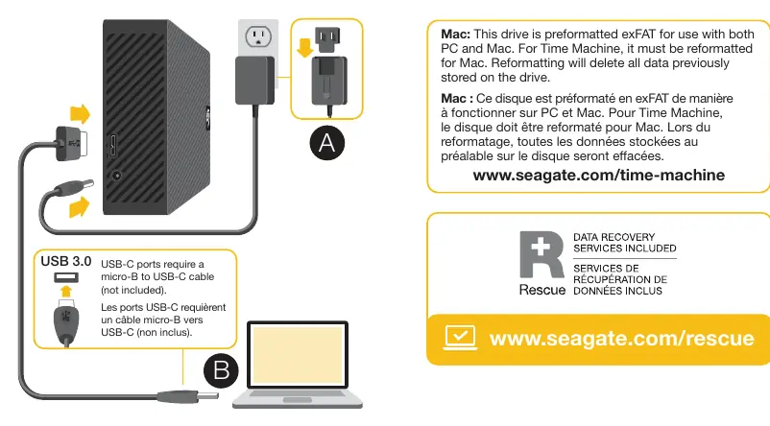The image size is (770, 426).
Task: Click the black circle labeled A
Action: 327,143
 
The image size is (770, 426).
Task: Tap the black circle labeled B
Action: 221,370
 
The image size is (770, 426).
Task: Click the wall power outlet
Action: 258,36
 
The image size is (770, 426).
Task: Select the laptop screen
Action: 298,355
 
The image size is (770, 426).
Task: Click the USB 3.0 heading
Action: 66,261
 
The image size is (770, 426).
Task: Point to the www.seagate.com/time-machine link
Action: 598,176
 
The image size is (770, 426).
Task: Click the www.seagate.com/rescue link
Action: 622,338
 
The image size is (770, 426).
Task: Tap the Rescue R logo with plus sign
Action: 541,254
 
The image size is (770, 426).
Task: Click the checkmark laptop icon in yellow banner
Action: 460,338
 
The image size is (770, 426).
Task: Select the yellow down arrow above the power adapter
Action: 305,47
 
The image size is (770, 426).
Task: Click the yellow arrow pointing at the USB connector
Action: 80,114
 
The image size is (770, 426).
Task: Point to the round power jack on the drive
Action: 117,176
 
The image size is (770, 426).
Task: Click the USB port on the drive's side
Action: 113,146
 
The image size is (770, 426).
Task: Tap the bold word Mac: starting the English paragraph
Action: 455,35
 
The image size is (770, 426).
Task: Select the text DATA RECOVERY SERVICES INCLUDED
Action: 625,243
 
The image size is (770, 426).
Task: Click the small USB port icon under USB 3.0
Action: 66,277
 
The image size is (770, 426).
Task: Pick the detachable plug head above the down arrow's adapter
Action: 327,38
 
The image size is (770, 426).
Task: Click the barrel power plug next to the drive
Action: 75,187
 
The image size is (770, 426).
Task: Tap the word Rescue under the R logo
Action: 542,290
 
